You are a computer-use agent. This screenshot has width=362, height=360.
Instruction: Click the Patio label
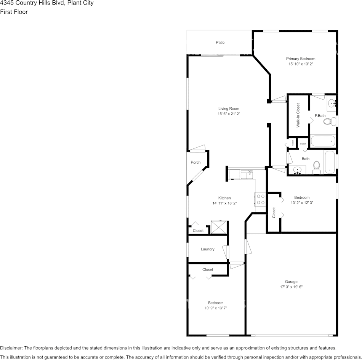point(220,43)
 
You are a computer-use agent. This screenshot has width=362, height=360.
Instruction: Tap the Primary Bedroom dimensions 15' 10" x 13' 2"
point(301,64)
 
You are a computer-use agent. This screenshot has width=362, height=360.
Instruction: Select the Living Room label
point(229,108)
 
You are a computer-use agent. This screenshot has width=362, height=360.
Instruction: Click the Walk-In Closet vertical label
point(298,115)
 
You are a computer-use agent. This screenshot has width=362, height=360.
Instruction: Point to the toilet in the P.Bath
point(329,122)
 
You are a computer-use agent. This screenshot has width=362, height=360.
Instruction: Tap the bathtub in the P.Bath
point(323,141)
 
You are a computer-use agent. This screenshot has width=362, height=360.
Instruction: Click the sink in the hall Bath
point(297,170)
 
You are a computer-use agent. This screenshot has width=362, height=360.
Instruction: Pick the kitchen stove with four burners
point(260,199)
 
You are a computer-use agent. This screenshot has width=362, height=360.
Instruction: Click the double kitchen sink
point(246,174)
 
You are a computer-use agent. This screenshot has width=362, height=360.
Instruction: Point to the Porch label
point(195,162)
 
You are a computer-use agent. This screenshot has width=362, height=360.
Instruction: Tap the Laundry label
point(207,249)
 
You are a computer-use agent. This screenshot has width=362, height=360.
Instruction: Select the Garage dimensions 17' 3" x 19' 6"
point(291,287)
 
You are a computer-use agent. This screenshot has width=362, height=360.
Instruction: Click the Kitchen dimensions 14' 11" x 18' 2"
point(224,203)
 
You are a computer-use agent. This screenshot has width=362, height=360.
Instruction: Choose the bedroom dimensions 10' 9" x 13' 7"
point(215,308)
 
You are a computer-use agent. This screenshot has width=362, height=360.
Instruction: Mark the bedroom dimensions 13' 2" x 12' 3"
point(302,202)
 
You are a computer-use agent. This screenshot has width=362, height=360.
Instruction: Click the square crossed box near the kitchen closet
point(219,227)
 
